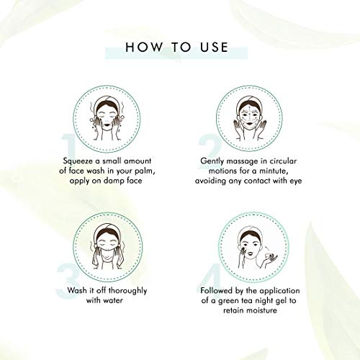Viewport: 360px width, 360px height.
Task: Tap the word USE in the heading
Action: pos(212,48)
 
